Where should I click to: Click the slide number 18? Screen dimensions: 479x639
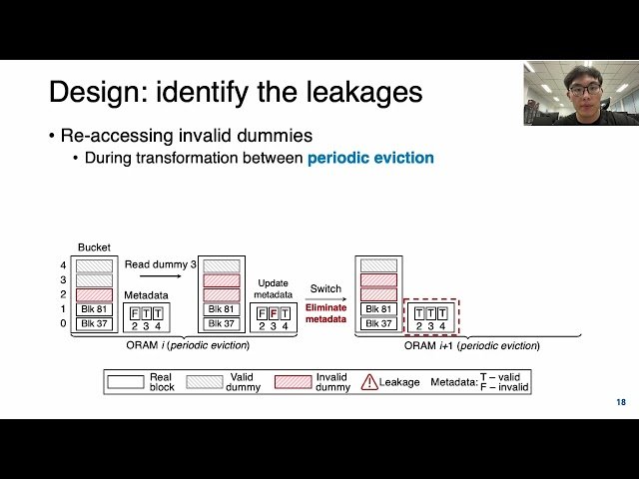622,402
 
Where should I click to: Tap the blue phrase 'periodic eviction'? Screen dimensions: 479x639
370,158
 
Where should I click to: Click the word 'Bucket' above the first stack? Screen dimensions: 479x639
94,247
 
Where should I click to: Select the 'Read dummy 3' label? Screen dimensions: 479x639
158,263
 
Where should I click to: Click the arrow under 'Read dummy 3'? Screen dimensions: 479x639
158,278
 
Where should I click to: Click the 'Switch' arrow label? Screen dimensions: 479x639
324,287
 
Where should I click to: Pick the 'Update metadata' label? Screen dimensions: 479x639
273,288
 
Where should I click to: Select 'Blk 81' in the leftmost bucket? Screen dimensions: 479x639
95,309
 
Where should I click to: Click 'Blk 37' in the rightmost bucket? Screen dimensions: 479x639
378,323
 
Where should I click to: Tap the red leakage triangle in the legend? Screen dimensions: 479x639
369,381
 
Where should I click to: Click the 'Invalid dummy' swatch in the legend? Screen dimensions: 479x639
293,381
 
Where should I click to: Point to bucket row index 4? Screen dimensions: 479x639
64,265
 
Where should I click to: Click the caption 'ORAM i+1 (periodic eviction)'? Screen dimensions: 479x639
471,345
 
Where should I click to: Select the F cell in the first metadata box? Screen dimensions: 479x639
134,313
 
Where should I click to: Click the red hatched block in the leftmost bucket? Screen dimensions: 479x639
95,294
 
